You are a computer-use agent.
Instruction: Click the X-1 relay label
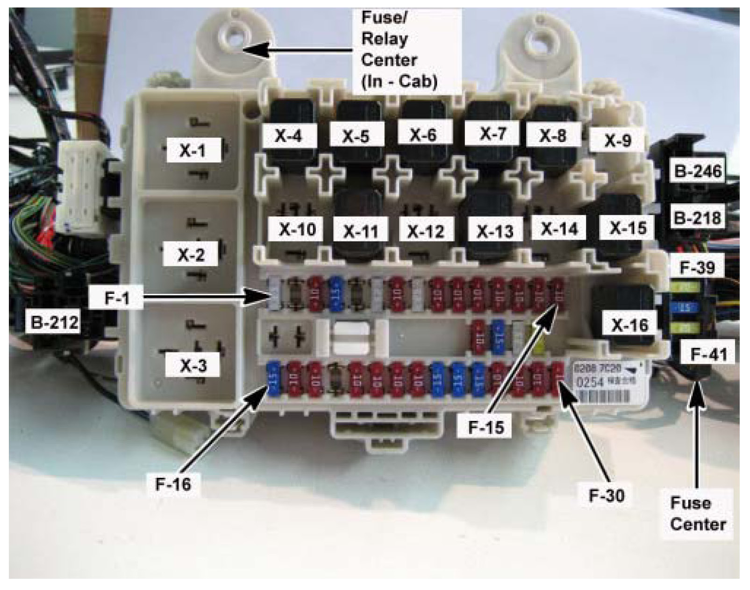[193, 150]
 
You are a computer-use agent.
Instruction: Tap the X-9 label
[617, 140]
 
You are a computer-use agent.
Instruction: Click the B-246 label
[698, 171]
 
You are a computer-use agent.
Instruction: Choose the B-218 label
[698, 218]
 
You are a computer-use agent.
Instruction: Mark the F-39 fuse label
[697, 267]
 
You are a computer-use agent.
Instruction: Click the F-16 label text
[173, 484]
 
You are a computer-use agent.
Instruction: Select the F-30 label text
[606, 495]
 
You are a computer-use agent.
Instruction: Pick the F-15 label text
[486, 427]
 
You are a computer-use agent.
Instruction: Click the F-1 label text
[116, 297]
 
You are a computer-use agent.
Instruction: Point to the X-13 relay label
[494, 231]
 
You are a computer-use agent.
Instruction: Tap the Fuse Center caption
[697, 513]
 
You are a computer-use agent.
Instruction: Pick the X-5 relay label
[356, 136]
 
